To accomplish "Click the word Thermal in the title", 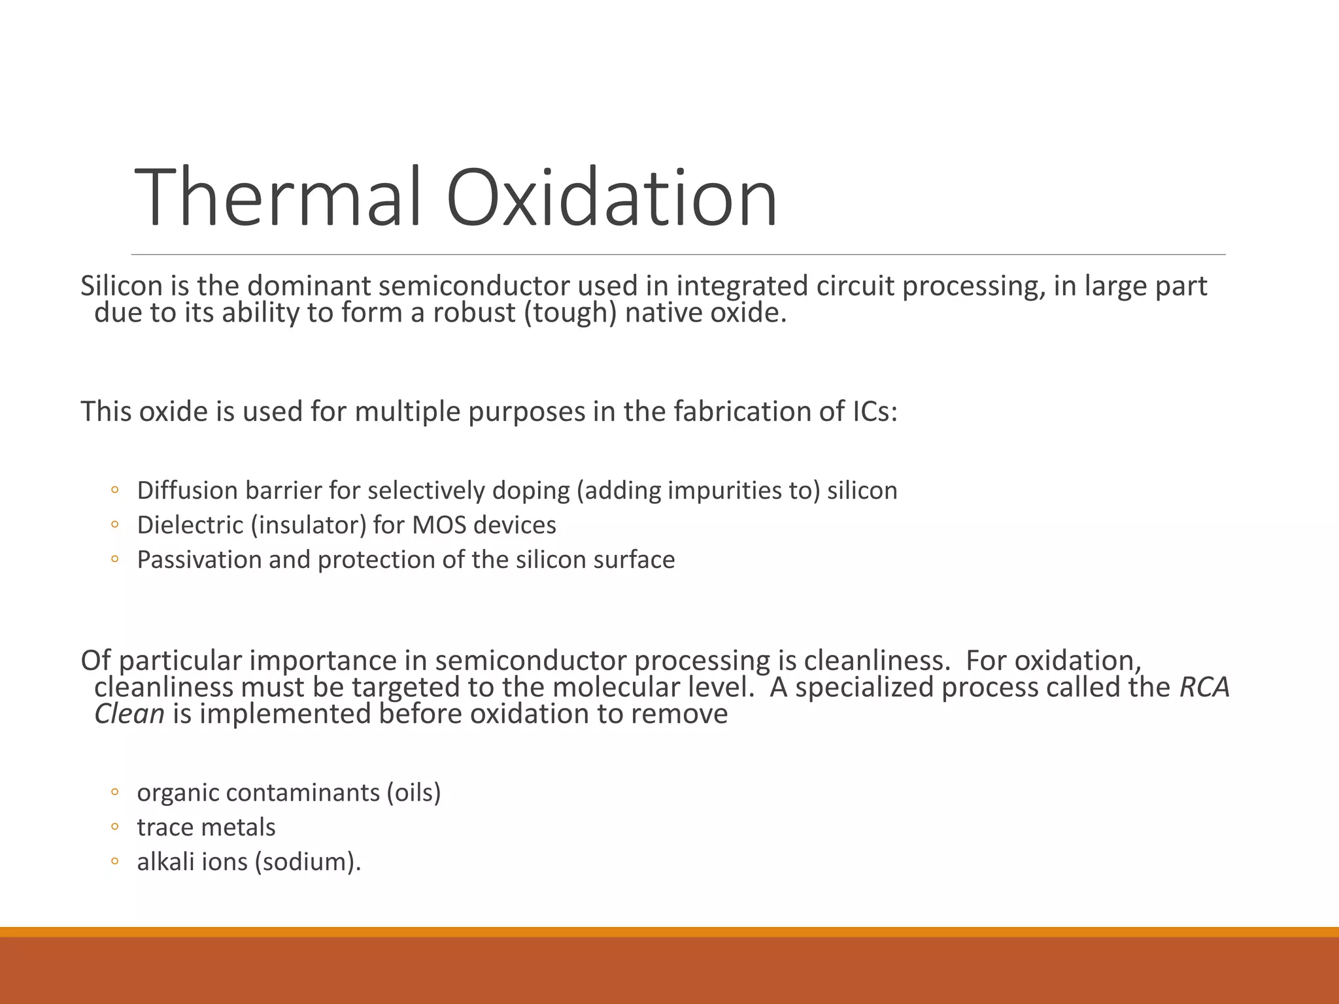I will (x=282, y=197).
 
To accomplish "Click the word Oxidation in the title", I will (x=612, y=197).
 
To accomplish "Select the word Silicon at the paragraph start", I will (x=121, y=286).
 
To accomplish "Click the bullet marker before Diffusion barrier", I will (x=114, y=490).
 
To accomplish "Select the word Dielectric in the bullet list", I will (x=189, y=526).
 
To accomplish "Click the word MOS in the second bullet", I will (x=438, y=526).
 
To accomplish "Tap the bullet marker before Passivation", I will (x=114, y=559).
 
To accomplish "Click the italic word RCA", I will (x=1204, y=688).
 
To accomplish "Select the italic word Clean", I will (x=129, y=714).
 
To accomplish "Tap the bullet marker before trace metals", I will (x=114, y=827).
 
